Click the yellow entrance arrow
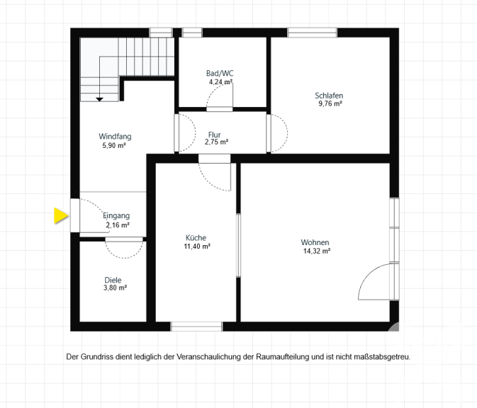(x=61, y=216)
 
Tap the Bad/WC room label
(x=220, y=73)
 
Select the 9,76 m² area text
(x=330, y=103)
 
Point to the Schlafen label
(x=329, y=96)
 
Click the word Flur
(x=215, y=135)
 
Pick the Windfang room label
(x=115, y=137)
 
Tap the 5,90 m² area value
(x=114, y=146)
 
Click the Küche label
(x=196, y=238)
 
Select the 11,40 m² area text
(x=197, y=246)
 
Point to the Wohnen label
(x=315, y=242)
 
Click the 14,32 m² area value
(x=317, y=251)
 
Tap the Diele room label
(x=113, y=280)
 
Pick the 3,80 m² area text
(x=115, y=288)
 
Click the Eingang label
(x=116, y=215)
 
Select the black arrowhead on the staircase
(x=99, y=99)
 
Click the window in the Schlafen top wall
(x=312, y=33)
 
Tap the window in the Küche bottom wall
(x=196, y=327)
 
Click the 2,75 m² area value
(x=216, y=142)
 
